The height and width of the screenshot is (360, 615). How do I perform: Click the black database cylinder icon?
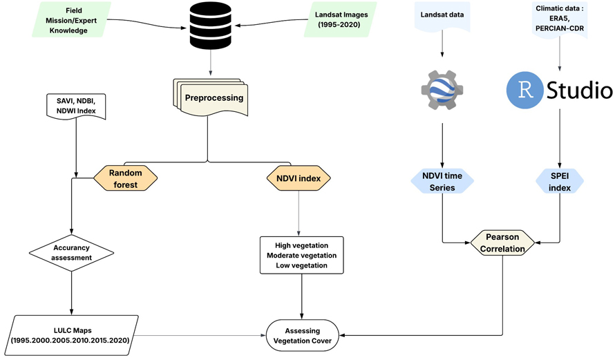coord(209,26)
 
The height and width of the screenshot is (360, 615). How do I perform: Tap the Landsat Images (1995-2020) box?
coord(342,21)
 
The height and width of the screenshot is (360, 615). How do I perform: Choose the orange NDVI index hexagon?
coord(298,179)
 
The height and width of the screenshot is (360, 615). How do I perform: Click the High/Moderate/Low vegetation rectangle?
coord(301,256)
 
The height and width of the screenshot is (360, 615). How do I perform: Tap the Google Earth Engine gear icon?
coord(442,90)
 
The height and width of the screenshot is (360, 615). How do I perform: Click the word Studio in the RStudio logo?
coord(578,91)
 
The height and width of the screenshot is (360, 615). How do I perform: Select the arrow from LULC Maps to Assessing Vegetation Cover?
coord(200,334)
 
